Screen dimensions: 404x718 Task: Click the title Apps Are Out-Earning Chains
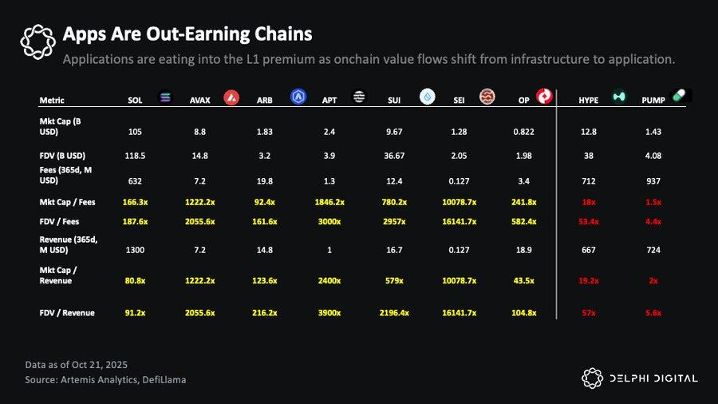click(x=187, y=34)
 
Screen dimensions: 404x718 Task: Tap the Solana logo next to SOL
click(x=166, y=97)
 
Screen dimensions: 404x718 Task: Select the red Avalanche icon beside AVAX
click(x=231, y=97)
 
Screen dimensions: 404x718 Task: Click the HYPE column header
click(x=589, y=101)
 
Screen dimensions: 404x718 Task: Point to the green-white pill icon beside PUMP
click(x=679, y=95)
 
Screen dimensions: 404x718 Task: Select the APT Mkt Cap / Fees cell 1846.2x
click(x=329, y=203)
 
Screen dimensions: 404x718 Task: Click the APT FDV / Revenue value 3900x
click(x=329, y=313)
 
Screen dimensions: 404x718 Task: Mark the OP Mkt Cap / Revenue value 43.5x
click(x=523, y=281)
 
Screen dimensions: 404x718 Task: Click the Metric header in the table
click(x=52, y=101)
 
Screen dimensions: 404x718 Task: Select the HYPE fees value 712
click(x=589, y=180)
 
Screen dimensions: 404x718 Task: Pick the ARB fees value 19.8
click(x=264, y=180)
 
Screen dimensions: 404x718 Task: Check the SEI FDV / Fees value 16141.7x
click(x=459, y=222)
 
